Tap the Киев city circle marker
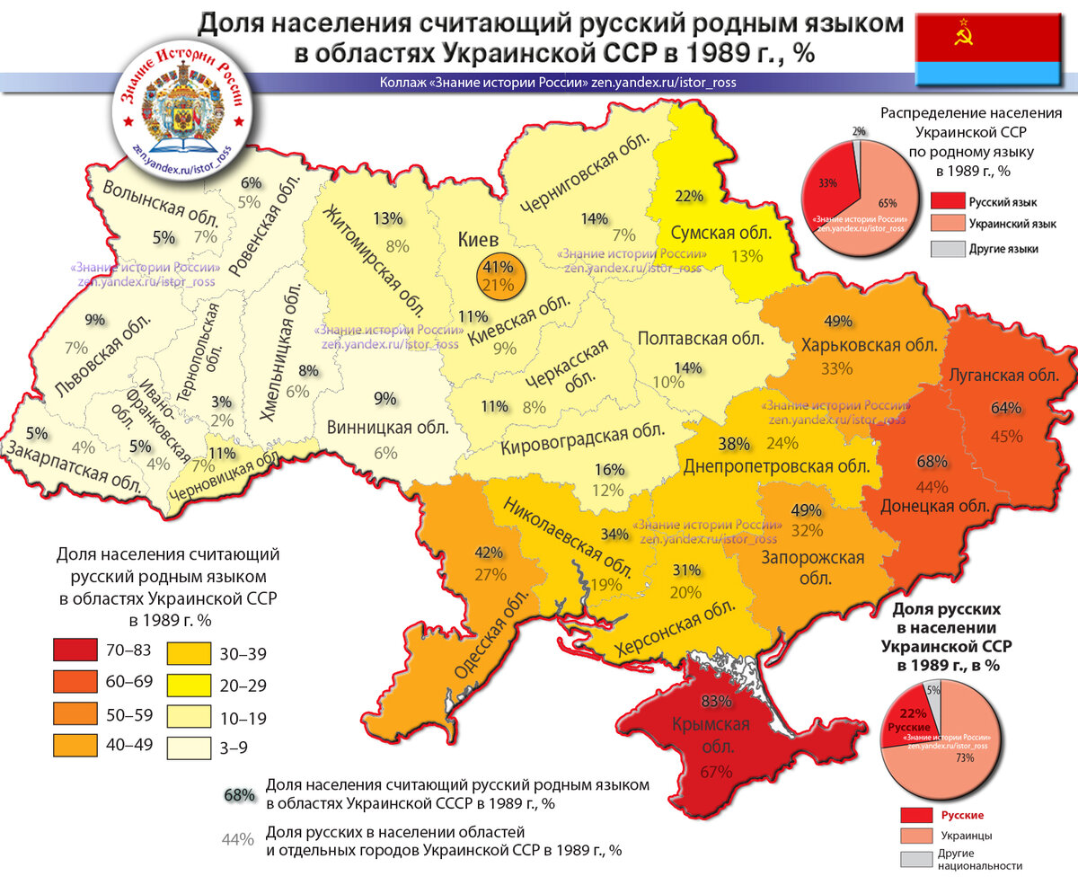pyautogui.click(x=498, y=276)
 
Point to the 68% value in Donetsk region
pyautogui.click(x=932, y=462)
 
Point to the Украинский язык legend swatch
pyautogui.click(x=948, y=224)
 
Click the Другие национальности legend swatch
pyautogui.click(x=916, y=859)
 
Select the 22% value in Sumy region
pyautogui.click(x=688, y=196)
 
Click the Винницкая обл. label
pyautogui.click(x=386, y=427)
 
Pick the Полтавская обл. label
pyautogui.click(x=701, y=339)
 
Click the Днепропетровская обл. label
pyautogui.click(x=776, y=467)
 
